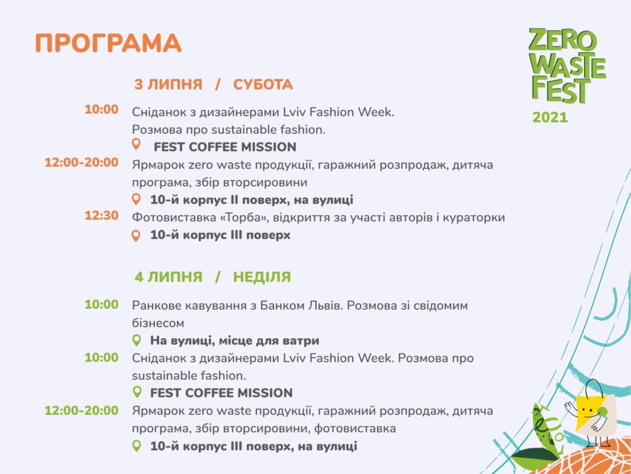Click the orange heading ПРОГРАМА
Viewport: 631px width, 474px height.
click(x=108, y=43)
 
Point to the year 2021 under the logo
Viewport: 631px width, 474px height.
click(x=550, y=117)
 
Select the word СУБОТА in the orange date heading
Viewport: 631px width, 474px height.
click(x=263, y=85)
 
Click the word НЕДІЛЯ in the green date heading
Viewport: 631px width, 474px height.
click(x=262, y=277)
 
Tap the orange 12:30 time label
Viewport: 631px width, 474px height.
click(x=101, y=216)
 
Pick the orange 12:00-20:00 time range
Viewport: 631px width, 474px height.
click(x=82, y=162)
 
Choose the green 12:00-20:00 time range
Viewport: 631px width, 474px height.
click(x=82, y=411)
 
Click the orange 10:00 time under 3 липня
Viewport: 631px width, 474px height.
click(x=101, y=109)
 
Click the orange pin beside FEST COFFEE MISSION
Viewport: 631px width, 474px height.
click(x=136, y=144)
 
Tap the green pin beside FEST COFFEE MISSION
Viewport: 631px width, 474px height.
click(x=137, y=392)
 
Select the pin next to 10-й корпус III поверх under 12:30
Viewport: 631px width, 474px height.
click(x=136, y=236)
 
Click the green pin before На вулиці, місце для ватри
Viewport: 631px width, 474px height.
click(x=137, y=340)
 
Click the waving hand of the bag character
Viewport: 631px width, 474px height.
click(x=570, y=408)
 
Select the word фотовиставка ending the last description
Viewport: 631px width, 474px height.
click(x=355, y=428)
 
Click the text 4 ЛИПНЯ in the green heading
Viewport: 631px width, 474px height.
click(x=168, y=277)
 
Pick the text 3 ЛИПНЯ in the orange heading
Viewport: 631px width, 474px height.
click(x=168, y=85)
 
